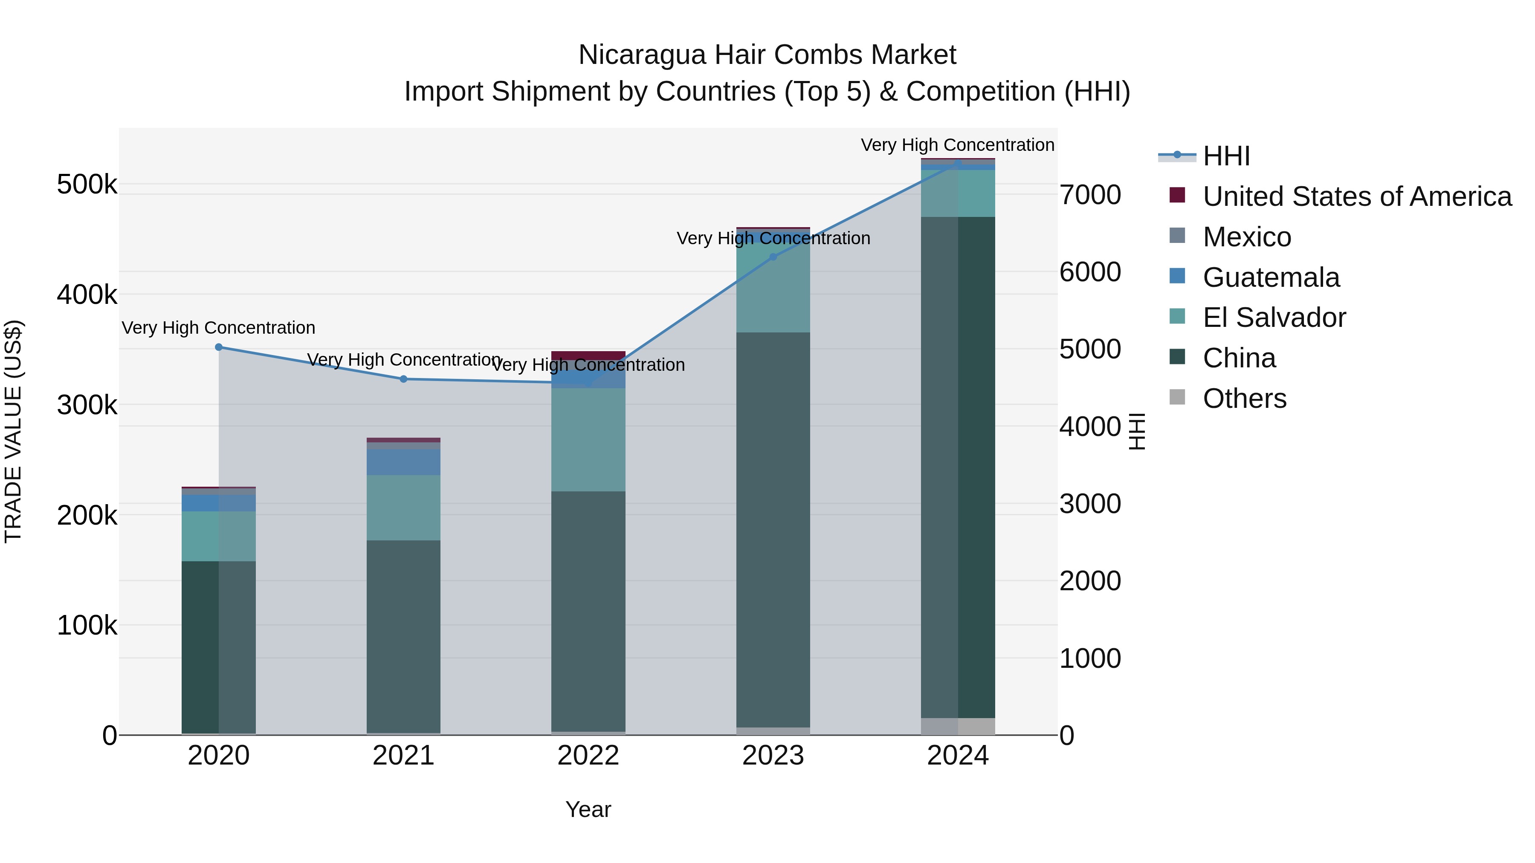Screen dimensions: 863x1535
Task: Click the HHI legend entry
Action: pos(1226,156)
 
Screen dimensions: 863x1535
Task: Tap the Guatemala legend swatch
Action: pos(1177,276)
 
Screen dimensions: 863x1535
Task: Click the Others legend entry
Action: pos(1244,398)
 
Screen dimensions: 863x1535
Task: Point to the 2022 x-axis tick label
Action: pos(588,756)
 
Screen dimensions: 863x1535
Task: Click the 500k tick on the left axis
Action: pos(87,184)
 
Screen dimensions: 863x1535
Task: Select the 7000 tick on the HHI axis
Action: pos(1090,195)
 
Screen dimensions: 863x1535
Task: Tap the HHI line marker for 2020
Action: pos(219,347)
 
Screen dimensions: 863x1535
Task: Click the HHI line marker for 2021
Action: pos(403,379)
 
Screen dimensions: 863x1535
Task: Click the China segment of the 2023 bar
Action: pos(773,530)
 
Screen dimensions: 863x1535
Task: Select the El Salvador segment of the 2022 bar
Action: pos(588,439)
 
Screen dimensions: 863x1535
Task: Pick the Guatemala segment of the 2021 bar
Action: pos(403,462)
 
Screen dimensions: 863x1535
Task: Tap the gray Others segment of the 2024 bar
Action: pos(958,726)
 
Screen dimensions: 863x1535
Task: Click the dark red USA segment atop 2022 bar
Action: pos(588,355)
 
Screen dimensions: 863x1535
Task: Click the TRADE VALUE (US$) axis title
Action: pos(13,431)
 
